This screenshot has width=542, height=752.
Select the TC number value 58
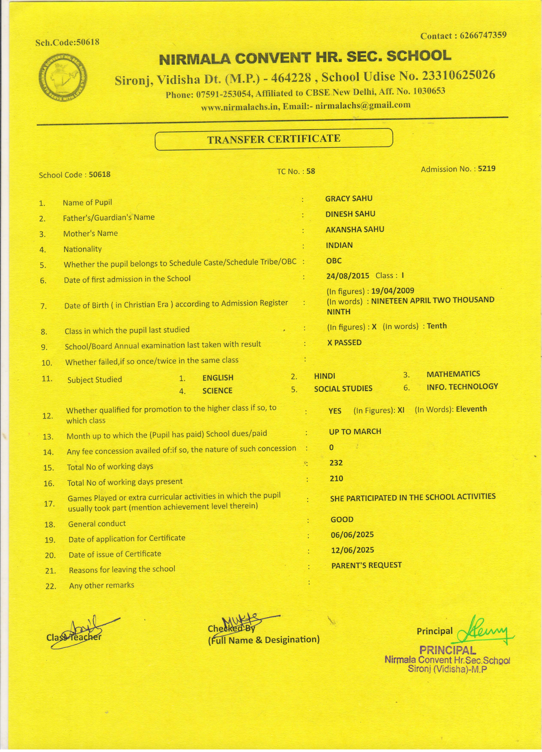pyautogui.click(x=311, y=171)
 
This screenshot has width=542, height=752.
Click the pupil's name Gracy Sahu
pyautogui.click(x=349, y=198)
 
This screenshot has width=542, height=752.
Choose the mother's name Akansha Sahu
pyautogui.click(x=355, y=229)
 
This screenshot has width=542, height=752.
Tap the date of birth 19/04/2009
pyautogui.click(x=393, y=291)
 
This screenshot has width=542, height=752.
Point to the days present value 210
pyautogui.click(x=336, y=478)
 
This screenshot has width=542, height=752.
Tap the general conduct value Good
pyautogui.click(x=342, y=520)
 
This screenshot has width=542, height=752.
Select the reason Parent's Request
pyautogui.click(x=366, y=565)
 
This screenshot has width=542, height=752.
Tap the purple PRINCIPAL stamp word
pyautogui.click(x=447, y=650)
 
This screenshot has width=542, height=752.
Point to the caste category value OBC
pyautogui.click(x=333, y=261)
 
